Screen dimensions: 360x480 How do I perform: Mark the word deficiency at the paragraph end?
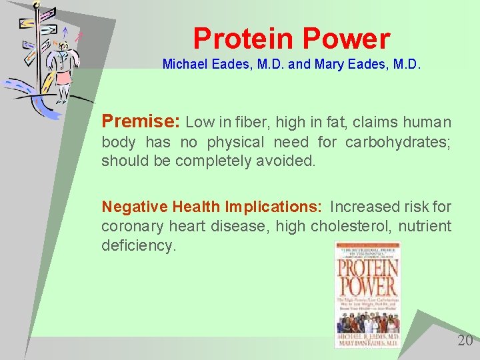click(x=137, y=245)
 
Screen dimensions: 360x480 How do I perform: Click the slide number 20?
click(x=465, y=341)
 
